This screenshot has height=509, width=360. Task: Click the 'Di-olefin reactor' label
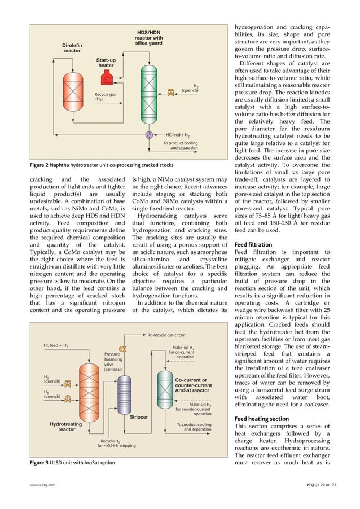coord(71,47)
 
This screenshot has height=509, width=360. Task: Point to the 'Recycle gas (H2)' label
coord(105,96)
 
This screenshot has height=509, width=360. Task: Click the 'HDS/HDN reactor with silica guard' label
coord(148,37)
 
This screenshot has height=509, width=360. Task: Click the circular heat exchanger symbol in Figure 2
coord(149,135)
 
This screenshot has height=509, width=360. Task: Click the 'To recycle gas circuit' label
coord(166,335)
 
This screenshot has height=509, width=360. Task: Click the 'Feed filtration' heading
coord(253,244)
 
